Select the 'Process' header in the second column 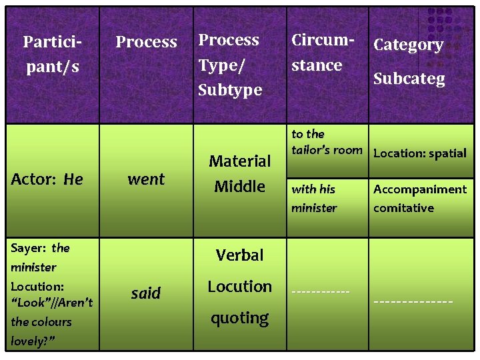(x=146, y=42)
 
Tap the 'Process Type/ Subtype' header (x=230, y=65)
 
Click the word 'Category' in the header (x=408, y=45)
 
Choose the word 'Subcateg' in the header (x=409, y=79)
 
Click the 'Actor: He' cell (x=47, y=179)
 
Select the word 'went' (x=146, y=179)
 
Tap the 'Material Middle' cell (x=240, y=173)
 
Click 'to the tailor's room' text (x=326, y=142)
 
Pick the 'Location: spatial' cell (x=419, y=153)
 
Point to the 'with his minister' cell (x=314, y=199)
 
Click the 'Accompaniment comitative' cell (x=419, y=199)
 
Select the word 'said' (x=146, y=293)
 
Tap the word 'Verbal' (x=240, y=255)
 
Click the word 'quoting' (x=240, y=319)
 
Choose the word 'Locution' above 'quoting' (x=240, y=287)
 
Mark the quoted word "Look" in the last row (x=28, y=303)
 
